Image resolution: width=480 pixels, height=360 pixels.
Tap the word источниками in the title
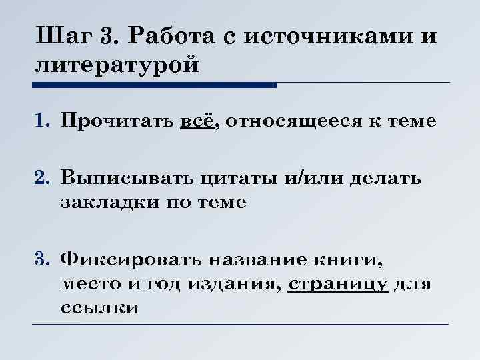327,36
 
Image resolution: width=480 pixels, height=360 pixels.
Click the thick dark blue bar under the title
153,85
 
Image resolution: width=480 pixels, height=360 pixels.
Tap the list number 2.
43,178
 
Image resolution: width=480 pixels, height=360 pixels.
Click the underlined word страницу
339,285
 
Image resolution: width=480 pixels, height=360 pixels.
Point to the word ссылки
99,309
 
